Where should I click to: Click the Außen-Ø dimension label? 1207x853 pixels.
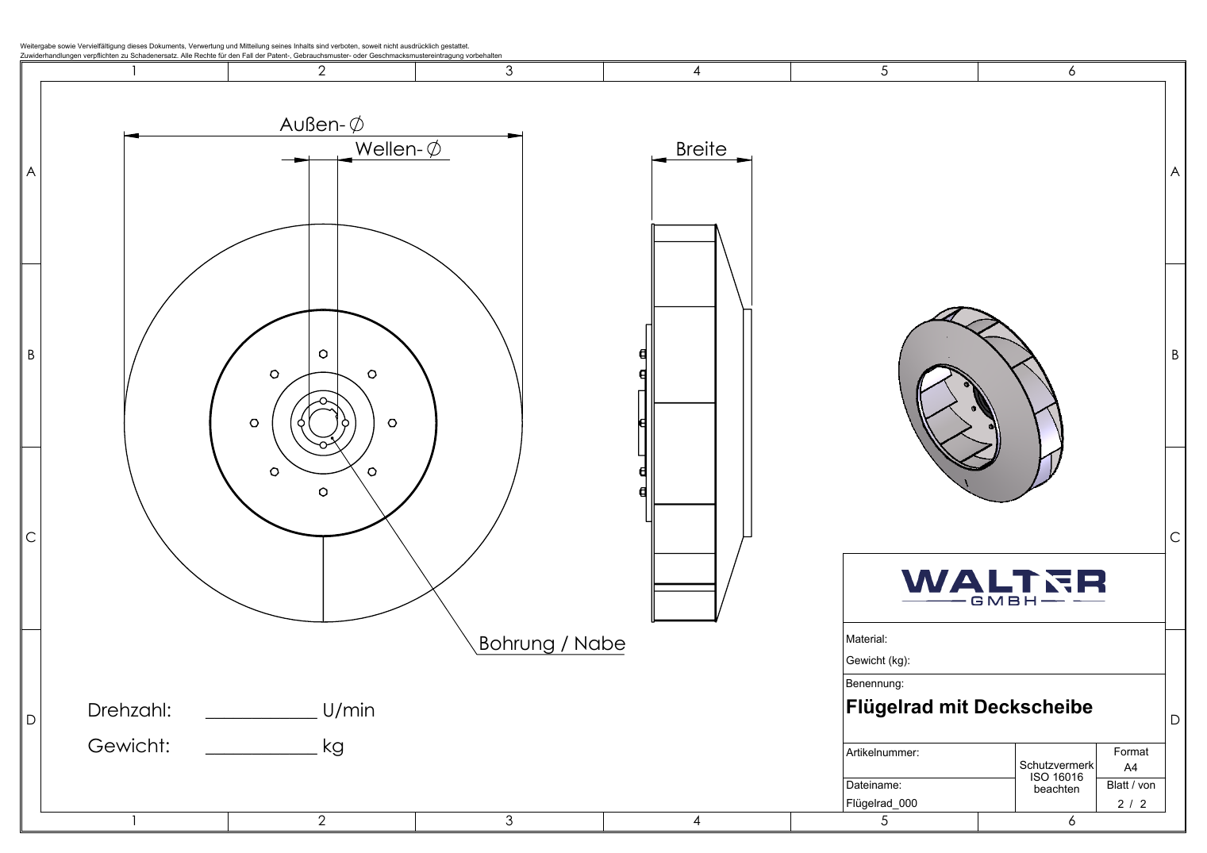point(321,125)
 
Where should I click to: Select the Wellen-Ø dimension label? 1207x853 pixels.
point(398,148)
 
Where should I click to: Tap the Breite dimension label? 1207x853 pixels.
point(701,148)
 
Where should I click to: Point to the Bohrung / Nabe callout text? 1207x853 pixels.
point(552,644)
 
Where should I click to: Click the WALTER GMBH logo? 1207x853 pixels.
point(1003,587)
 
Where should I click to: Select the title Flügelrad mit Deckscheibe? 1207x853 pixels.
point(969,707)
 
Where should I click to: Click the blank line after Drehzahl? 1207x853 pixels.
point(261,718)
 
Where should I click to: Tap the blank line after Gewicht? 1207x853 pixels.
point(261,753)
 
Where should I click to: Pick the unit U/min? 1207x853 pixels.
point(348,710)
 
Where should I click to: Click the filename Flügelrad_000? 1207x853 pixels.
point(882,804)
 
